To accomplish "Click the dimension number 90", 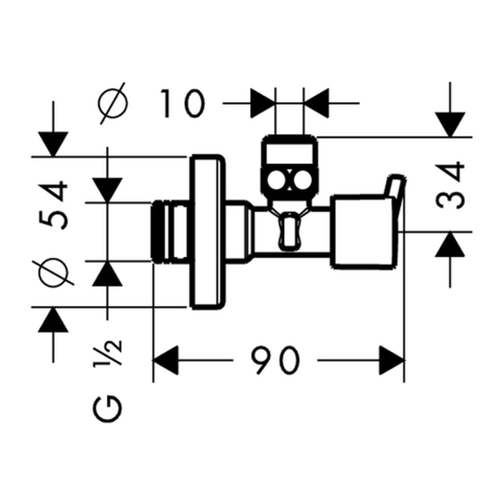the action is tap(276, 360).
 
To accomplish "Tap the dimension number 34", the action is tap(450, 185).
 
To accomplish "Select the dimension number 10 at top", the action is tap(182, 103).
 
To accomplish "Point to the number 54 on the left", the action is tap(53, 205).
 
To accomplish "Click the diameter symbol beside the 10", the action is tap(113, 103).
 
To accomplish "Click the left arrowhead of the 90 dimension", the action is tap(165, 360).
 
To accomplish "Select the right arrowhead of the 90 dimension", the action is tap(392, 360).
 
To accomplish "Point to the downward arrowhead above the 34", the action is tap(450, 125).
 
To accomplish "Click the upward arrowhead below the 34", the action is tap(450, 244).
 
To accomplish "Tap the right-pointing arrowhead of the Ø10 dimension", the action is tap(263, 103).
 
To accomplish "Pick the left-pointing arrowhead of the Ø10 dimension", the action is tap(316, 103).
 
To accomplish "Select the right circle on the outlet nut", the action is tap(302, 180).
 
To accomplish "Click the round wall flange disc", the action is tap(208, 232).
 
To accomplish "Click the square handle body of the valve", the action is tap(361, 231).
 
